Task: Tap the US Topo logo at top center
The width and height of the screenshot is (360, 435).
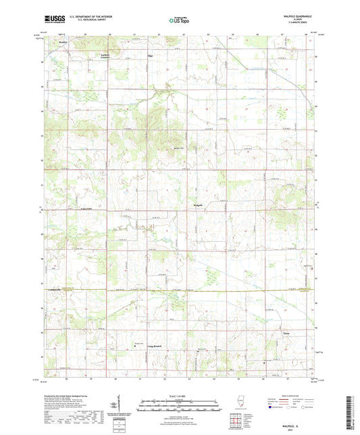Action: [179, 20]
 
